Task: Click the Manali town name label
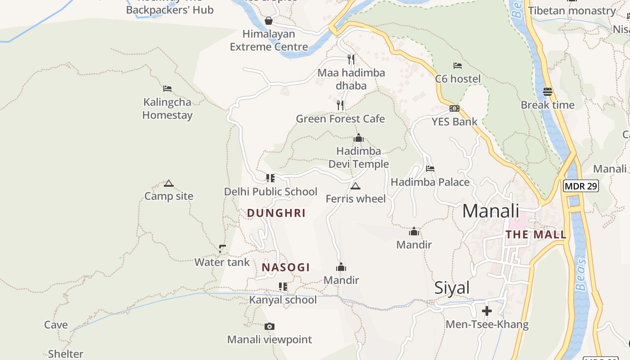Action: point(490,211)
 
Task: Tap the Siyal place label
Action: point(452,288)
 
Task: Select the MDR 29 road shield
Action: point(580,186)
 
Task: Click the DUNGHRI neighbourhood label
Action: point(276,213)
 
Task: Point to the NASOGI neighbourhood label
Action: point(286,267)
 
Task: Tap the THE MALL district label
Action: point(535,234)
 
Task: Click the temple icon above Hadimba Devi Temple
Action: point(358,138)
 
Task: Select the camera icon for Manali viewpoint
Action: point(269,326)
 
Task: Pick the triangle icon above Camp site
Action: point(169,183)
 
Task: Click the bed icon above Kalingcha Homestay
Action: point(167,89)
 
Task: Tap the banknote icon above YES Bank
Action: point(454,108)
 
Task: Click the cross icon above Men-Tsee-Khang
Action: point(486,311)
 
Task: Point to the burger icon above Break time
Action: point(547,92)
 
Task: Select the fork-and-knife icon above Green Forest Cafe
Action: point(340,105)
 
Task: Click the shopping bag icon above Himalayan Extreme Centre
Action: point(269,21)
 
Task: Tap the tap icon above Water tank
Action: point(222,248)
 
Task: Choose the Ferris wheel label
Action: point(355,198)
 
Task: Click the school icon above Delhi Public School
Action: point(270,178)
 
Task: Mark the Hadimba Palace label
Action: point(430,182)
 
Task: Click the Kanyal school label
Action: point(283,300)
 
